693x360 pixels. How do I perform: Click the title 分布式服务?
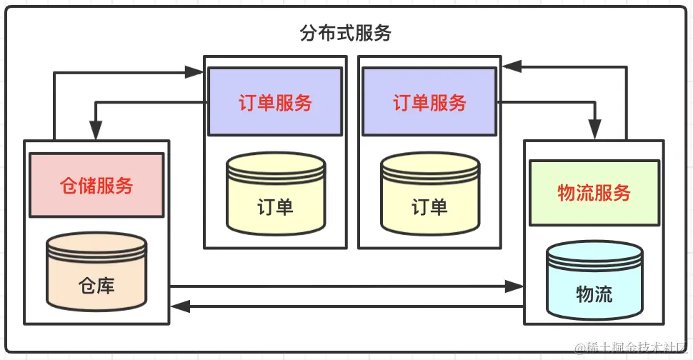click(x=346, y=34)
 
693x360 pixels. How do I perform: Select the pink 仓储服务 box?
click(x=96, y=185)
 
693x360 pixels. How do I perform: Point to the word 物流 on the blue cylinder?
click(x=594, y=294)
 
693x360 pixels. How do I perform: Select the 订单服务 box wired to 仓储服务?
click(x=274, y=102)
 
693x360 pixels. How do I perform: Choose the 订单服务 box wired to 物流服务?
click(x=429, y=102)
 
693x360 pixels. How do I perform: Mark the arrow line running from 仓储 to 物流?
click(x=343, y=286)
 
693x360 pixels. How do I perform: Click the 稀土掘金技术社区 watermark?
click(x=632, y=348)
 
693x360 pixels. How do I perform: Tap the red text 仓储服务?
click(x=96, y=186)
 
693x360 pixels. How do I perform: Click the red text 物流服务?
click(x=594, y=192)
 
